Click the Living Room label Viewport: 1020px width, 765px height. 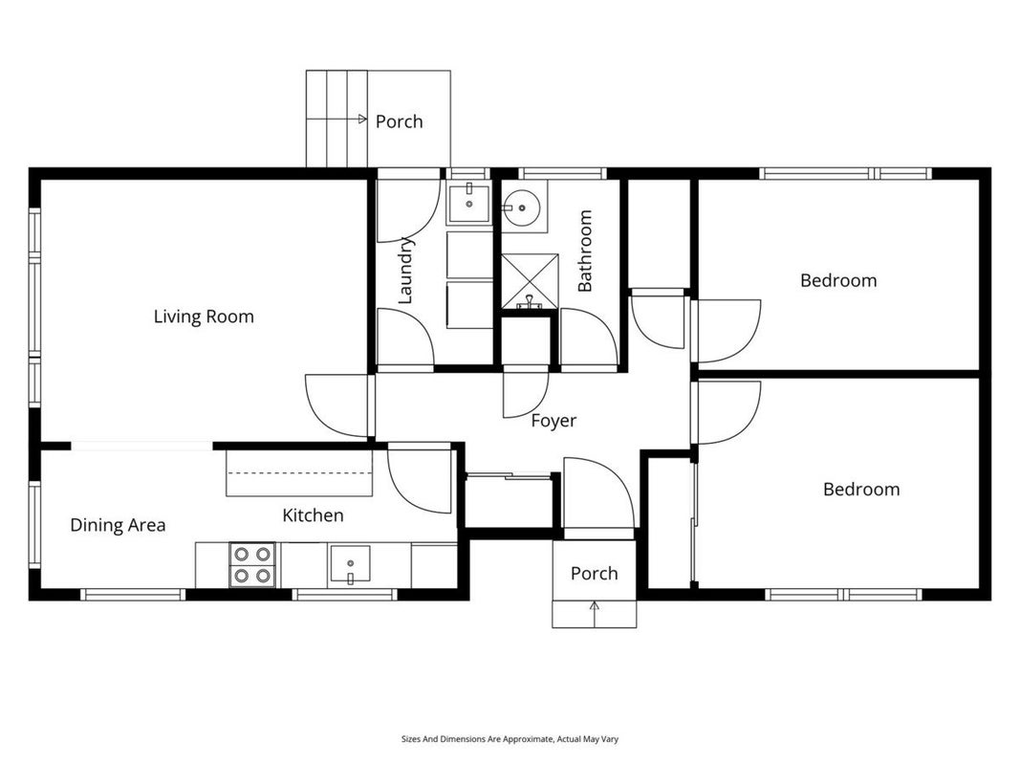[204, 317]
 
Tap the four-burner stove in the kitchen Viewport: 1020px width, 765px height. [252, 564]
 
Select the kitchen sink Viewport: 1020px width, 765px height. [350, 563]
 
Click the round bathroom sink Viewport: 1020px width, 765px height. [521, 208]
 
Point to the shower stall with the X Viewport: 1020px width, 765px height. [530, 281]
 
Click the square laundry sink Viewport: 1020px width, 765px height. [468, 203]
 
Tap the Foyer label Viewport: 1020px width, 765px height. [553, 421]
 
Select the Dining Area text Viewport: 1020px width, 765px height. [118, 525]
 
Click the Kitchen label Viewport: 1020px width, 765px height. [313, 515]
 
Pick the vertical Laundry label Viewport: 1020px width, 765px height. [405, 270]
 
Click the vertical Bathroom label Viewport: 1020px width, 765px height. [585, 251]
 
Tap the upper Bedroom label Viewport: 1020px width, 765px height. [838, 280]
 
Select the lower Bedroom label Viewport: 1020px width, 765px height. [861, 490]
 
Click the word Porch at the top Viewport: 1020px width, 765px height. [400, 121]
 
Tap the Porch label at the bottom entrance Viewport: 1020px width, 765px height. [594, 573]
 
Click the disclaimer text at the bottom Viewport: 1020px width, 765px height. [510, 739]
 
